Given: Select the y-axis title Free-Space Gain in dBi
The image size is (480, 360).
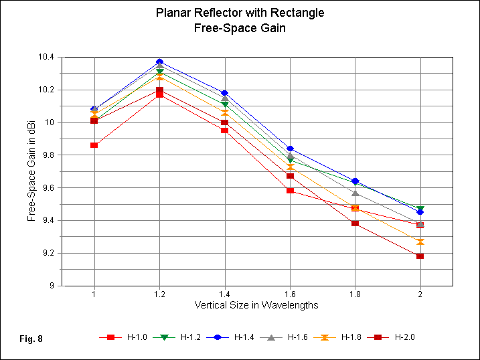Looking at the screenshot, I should (31, 171).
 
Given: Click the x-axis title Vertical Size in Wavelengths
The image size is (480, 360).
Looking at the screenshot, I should (256, 305).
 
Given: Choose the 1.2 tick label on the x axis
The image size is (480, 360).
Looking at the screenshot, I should (159, 294).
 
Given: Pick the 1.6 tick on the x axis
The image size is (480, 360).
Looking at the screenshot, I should (290, 294).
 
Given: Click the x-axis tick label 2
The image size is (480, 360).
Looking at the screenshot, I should (420, 294).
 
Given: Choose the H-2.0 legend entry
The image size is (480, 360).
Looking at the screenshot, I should (394, 337).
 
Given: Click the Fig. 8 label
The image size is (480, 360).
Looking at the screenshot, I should (31, 339).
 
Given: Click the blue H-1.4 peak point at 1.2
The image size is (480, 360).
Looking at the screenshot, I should (159, 62).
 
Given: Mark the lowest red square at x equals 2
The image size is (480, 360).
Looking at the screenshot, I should (420, 256).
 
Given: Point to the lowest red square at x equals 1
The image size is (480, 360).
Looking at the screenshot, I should (94, 145).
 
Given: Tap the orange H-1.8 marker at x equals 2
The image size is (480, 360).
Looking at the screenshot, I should (420, 242).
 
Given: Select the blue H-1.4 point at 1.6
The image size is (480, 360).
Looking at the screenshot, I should (290, 149).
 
